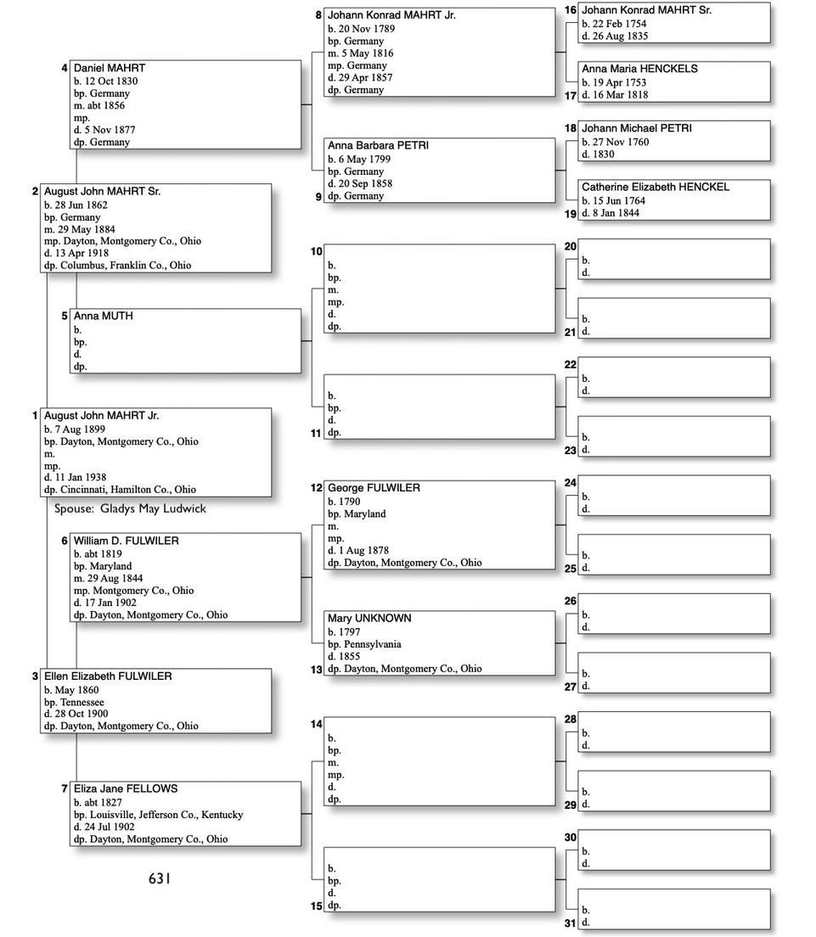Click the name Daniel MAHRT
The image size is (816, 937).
coord(109,68)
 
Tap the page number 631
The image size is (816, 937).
coord(160,879)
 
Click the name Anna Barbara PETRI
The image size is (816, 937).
coord(378,146)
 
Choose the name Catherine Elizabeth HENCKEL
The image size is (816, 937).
coord(655,187)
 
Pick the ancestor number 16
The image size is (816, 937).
coord(570,10)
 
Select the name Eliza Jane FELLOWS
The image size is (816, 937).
coord(125,788)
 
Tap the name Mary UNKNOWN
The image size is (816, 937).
coord(369,618)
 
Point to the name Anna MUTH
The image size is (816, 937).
coord(103,316)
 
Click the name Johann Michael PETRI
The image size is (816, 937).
coord(636,128)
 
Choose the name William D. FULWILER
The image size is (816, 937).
coord(126,541)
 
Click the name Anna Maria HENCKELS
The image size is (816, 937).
coord(639,69)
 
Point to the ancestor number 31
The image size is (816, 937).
coord(571,923)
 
